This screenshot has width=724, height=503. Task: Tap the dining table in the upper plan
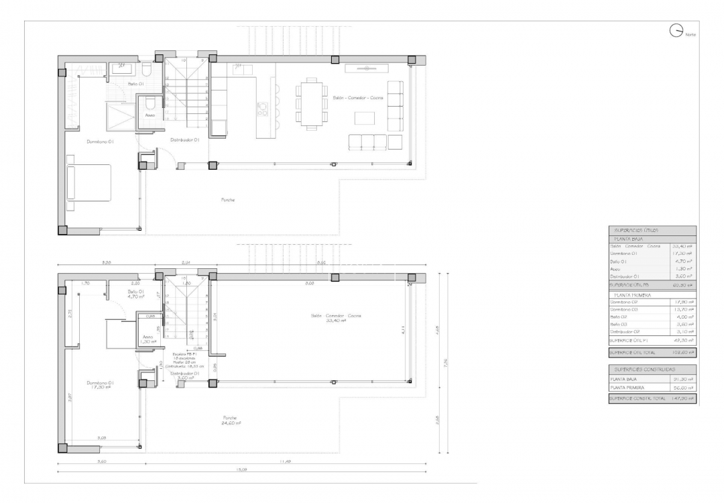(310, 102)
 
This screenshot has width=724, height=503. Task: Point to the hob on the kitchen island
(262, 107)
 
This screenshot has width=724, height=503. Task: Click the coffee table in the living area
(365, 118)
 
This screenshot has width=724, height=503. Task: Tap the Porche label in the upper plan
(228, 200)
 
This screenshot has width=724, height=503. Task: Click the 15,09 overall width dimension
(241, 470)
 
